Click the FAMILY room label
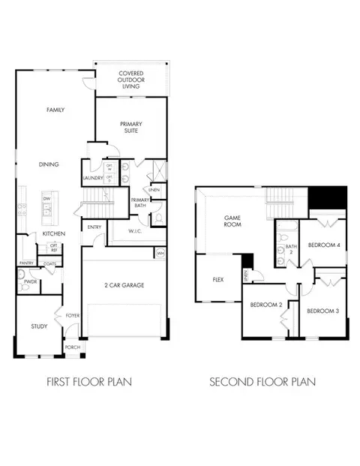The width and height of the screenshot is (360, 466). coord(55,110)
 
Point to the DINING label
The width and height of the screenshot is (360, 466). coord(49,164)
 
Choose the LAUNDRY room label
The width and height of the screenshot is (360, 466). coord(92,179)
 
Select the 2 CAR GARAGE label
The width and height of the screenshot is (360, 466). coord(123,285)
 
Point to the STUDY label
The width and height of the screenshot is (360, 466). coord(39,326)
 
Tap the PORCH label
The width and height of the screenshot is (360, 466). coord(73,347)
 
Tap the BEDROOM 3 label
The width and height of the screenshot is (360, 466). coord(324,310)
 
